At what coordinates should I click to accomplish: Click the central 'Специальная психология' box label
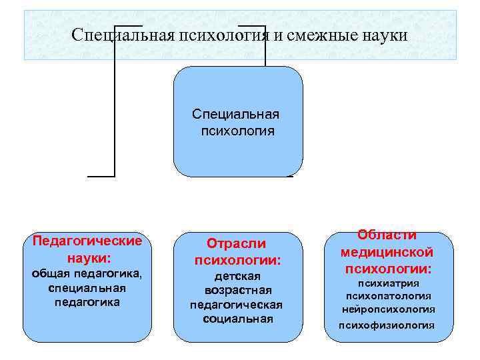pos(236,122)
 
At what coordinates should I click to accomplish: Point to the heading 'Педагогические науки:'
pos(88,249)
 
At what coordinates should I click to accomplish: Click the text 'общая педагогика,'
pos(88,274)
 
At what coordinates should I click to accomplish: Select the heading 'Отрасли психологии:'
pos(237,251)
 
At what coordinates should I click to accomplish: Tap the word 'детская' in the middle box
pos(237,276)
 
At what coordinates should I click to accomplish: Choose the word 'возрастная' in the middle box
pos(237,291)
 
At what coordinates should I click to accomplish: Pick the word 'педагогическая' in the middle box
pos(237,305)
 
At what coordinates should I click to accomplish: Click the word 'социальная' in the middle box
pos(237,319)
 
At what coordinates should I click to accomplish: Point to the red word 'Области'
pos(387,235)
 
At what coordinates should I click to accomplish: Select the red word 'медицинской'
pos(387,252)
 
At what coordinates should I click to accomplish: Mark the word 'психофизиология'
pos(387,325)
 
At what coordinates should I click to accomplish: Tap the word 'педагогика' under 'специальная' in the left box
pos(88,302)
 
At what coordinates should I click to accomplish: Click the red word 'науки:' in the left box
pos(88,257)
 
